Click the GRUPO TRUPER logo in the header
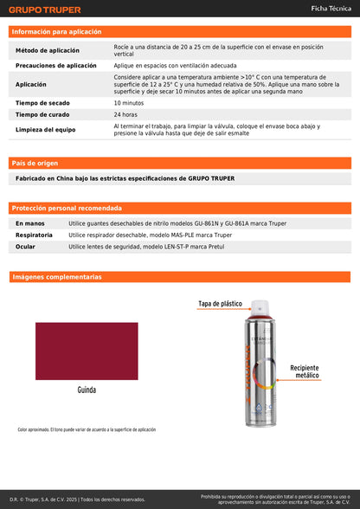point(45,10)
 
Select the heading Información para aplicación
point(55,31)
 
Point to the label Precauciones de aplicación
point(56,66)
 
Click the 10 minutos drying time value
point(128,103)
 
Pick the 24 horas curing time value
point(125,114)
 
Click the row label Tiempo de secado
point(42,103)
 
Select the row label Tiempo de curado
point(42,114)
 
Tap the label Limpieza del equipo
point(47,130)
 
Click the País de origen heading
point(35,163)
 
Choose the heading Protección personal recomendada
point(67,208)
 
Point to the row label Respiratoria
point(34,235)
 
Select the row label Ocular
point(25,247)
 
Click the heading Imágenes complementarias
point(56,277)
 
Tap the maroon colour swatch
point(86,350)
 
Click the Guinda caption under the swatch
point(86,389)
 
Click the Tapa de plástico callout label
point(220,304)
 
